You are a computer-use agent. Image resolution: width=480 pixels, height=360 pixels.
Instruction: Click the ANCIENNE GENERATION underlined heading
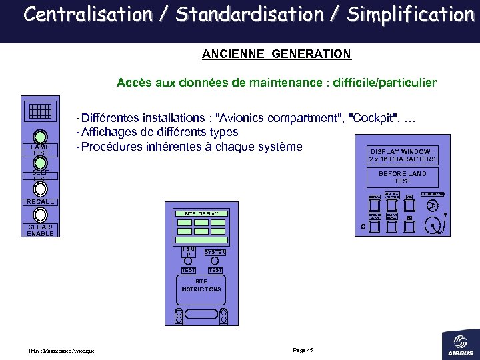pos(276,53)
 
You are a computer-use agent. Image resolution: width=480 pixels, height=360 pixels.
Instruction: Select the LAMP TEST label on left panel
pos(40,150)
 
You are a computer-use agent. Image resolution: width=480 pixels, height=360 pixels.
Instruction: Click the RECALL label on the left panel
pos(40,202)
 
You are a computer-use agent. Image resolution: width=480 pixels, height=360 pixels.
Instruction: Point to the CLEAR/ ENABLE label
pos(40,230)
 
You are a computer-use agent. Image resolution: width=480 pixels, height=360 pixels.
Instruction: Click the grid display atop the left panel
pos(41,112)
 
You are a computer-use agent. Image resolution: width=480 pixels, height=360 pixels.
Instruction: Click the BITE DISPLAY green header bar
pos(201,213)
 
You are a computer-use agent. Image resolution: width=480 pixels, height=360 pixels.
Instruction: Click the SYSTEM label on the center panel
pos(215,252)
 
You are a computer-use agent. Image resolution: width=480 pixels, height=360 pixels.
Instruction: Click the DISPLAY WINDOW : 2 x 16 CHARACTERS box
pos(403,155)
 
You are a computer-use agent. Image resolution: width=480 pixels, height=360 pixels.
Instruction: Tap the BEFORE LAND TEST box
pos(403,177)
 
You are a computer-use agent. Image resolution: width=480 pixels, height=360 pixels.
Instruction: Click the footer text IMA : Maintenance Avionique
pos(61,351)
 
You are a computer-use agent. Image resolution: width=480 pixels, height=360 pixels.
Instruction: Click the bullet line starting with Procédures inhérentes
pos(190,147)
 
